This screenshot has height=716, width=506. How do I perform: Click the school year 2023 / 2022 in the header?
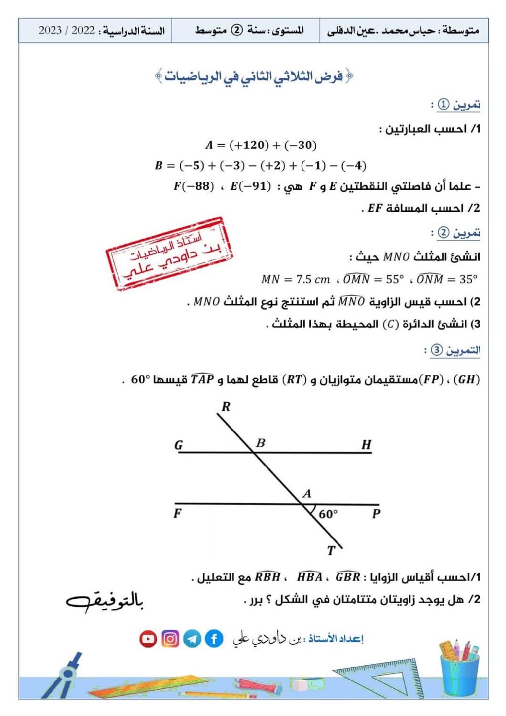(x=66, y=31)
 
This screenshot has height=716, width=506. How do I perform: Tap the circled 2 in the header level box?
(x=237, y=30)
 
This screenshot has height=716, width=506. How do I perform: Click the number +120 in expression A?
(x=249, y=145)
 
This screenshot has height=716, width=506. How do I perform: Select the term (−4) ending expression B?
(x=354, y=165)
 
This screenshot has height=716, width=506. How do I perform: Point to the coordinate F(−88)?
(x=194, y=186)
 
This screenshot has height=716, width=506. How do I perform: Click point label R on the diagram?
(x=226, y=407)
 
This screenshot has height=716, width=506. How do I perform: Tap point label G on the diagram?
(x=178, y=445)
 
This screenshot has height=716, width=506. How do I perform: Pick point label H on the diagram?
(x=366, y=445)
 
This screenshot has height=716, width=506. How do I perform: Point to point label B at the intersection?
(x=261, y=443)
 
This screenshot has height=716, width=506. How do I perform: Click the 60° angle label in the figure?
(x=328, y=514)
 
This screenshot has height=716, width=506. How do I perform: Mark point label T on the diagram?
(x=331, y=551)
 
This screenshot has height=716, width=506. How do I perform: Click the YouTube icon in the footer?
(x=148, y=639)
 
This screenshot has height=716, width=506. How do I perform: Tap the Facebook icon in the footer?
(x=214, y=639)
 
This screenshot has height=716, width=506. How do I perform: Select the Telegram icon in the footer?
(x=192, y=639)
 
